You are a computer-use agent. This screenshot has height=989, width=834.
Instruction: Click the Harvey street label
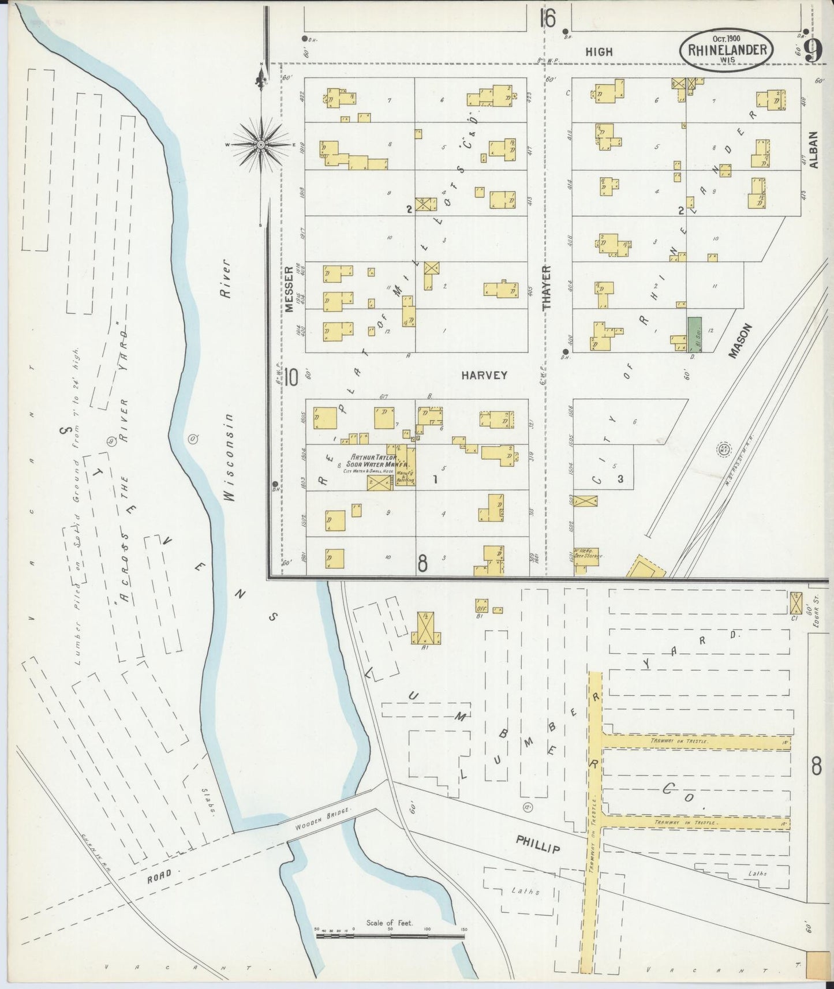pos(484,375)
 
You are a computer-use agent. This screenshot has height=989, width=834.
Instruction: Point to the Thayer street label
pos(547,287)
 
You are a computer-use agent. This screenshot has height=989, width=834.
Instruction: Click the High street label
pos(599,51)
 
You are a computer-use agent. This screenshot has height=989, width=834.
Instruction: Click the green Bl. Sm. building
pos(694,334)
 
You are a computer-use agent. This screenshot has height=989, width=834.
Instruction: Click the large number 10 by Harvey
pos(291,378)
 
